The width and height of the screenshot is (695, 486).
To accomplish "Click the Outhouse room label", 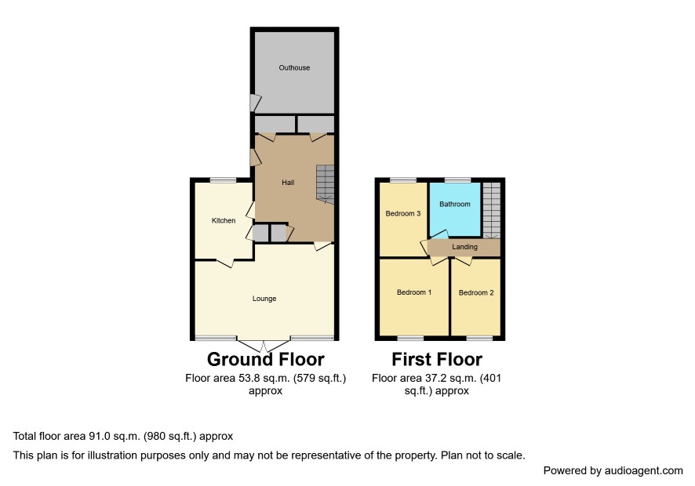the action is pos(294,67).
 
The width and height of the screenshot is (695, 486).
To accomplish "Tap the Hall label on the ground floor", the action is pos(288,183).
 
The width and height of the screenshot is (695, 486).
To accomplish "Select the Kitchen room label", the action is pos(224,220).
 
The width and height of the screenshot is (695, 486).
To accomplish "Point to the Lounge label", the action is pos(264,299).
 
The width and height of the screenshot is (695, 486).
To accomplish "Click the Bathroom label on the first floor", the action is pos(455,205).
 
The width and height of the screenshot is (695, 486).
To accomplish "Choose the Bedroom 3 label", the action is pos(403,213).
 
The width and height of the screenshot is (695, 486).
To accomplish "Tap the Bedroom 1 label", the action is pos(414,292).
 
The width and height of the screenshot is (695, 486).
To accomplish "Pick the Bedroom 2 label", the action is pos(476,293).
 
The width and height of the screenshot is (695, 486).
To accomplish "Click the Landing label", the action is pos(464,247).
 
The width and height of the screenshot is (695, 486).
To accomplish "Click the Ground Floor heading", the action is pos(265,359).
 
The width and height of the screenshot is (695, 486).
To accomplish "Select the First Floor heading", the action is pos(437,359).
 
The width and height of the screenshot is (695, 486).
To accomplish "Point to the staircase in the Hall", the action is pos(325,183).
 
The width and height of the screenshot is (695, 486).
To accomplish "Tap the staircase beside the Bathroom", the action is pos(491,210).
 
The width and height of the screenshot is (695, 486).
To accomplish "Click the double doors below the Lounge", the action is pos(264,346).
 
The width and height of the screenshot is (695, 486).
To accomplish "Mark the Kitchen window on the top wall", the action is pos(223,180).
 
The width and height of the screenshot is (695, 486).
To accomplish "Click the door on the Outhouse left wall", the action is pos(255,103).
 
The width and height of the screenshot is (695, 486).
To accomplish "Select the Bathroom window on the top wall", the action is pos(458,180).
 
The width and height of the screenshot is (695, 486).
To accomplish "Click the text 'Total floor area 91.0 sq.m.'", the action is pos(78,437).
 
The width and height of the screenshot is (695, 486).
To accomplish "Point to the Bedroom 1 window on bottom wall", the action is pos(410,339).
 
